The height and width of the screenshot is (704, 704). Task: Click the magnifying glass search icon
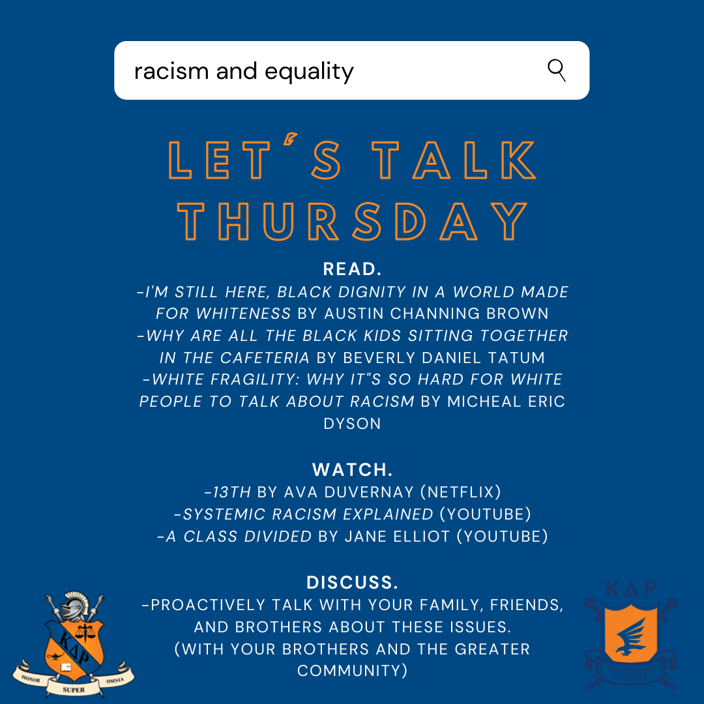coord(557,70)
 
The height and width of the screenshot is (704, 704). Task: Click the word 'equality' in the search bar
coord(309,72)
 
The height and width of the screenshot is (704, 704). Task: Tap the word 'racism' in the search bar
coord(171,72)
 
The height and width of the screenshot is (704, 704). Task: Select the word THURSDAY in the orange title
coord(352,221)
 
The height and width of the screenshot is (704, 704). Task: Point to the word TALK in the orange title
coord(454,160)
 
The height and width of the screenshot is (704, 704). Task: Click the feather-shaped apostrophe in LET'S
coord(290,139)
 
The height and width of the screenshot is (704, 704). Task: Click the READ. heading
coord(353,269)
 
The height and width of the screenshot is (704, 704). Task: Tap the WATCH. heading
coord(353,469)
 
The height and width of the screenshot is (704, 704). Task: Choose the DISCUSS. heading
coord(353,582)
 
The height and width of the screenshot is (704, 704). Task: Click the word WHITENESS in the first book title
coord(243,314)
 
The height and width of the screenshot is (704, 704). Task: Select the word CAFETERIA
coord(265,358)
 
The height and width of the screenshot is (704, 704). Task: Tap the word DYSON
coord(352,424)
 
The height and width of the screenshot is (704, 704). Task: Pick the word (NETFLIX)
coord(461,492)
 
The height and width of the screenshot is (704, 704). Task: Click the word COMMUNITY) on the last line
coord(353,671)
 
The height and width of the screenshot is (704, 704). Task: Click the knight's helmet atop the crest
coord(74,606)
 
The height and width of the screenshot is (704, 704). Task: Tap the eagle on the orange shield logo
coord(630,638)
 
